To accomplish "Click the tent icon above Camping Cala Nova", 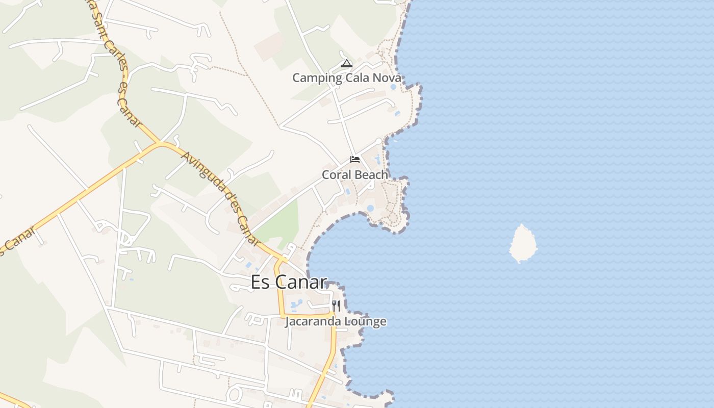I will [x=347, y=64].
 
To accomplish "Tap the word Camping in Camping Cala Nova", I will [x=317, y=78].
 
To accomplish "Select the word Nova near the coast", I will [x=387, y=78].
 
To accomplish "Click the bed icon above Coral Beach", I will [x=355, y=160].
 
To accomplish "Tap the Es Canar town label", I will [x=289, y=282].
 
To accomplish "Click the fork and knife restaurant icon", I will [x=336, y=305].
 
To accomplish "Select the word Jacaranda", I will [x=313, y=322].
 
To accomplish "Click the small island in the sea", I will [x=523, y=243].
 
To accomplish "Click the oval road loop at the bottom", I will [x=235, y=394].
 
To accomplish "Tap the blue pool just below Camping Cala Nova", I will [x=393, y=87].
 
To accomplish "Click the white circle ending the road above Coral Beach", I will [x=378, y=141].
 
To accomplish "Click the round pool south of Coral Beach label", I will [x=370, y=208].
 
